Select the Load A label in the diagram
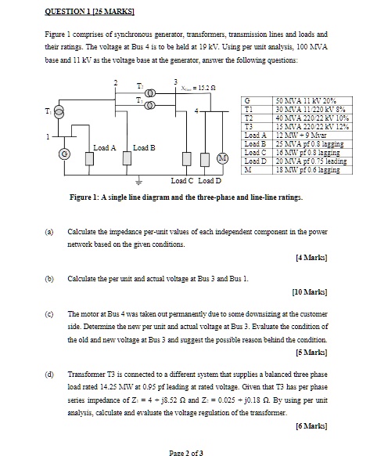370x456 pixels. (x=104, y=147)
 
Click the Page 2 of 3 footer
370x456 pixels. (x=185, y=450)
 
